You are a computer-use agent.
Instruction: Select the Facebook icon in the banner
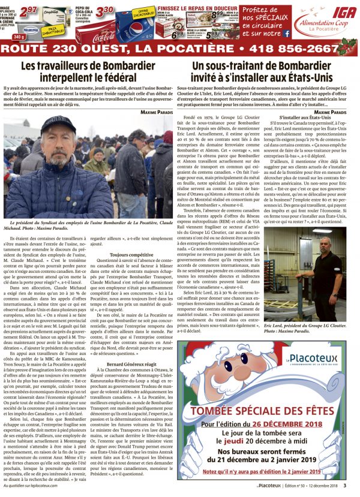tap(287, 34)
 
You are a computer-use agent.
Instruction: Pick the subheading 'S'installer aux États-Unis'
tap(306, 118)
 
